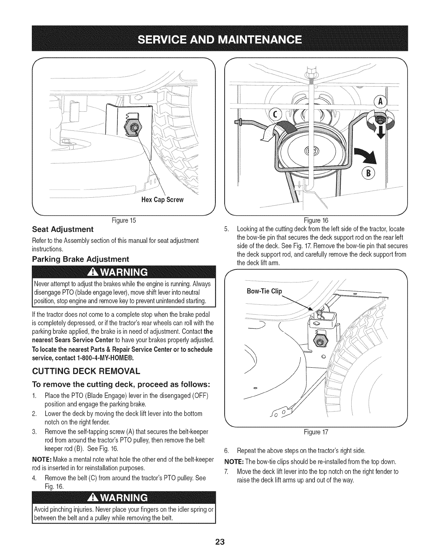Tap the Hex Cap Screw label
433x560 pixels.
(162, 200)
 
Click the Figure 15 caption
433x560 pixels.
(123, 221)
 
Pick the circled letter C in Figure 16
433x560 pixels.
(275, 113)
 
